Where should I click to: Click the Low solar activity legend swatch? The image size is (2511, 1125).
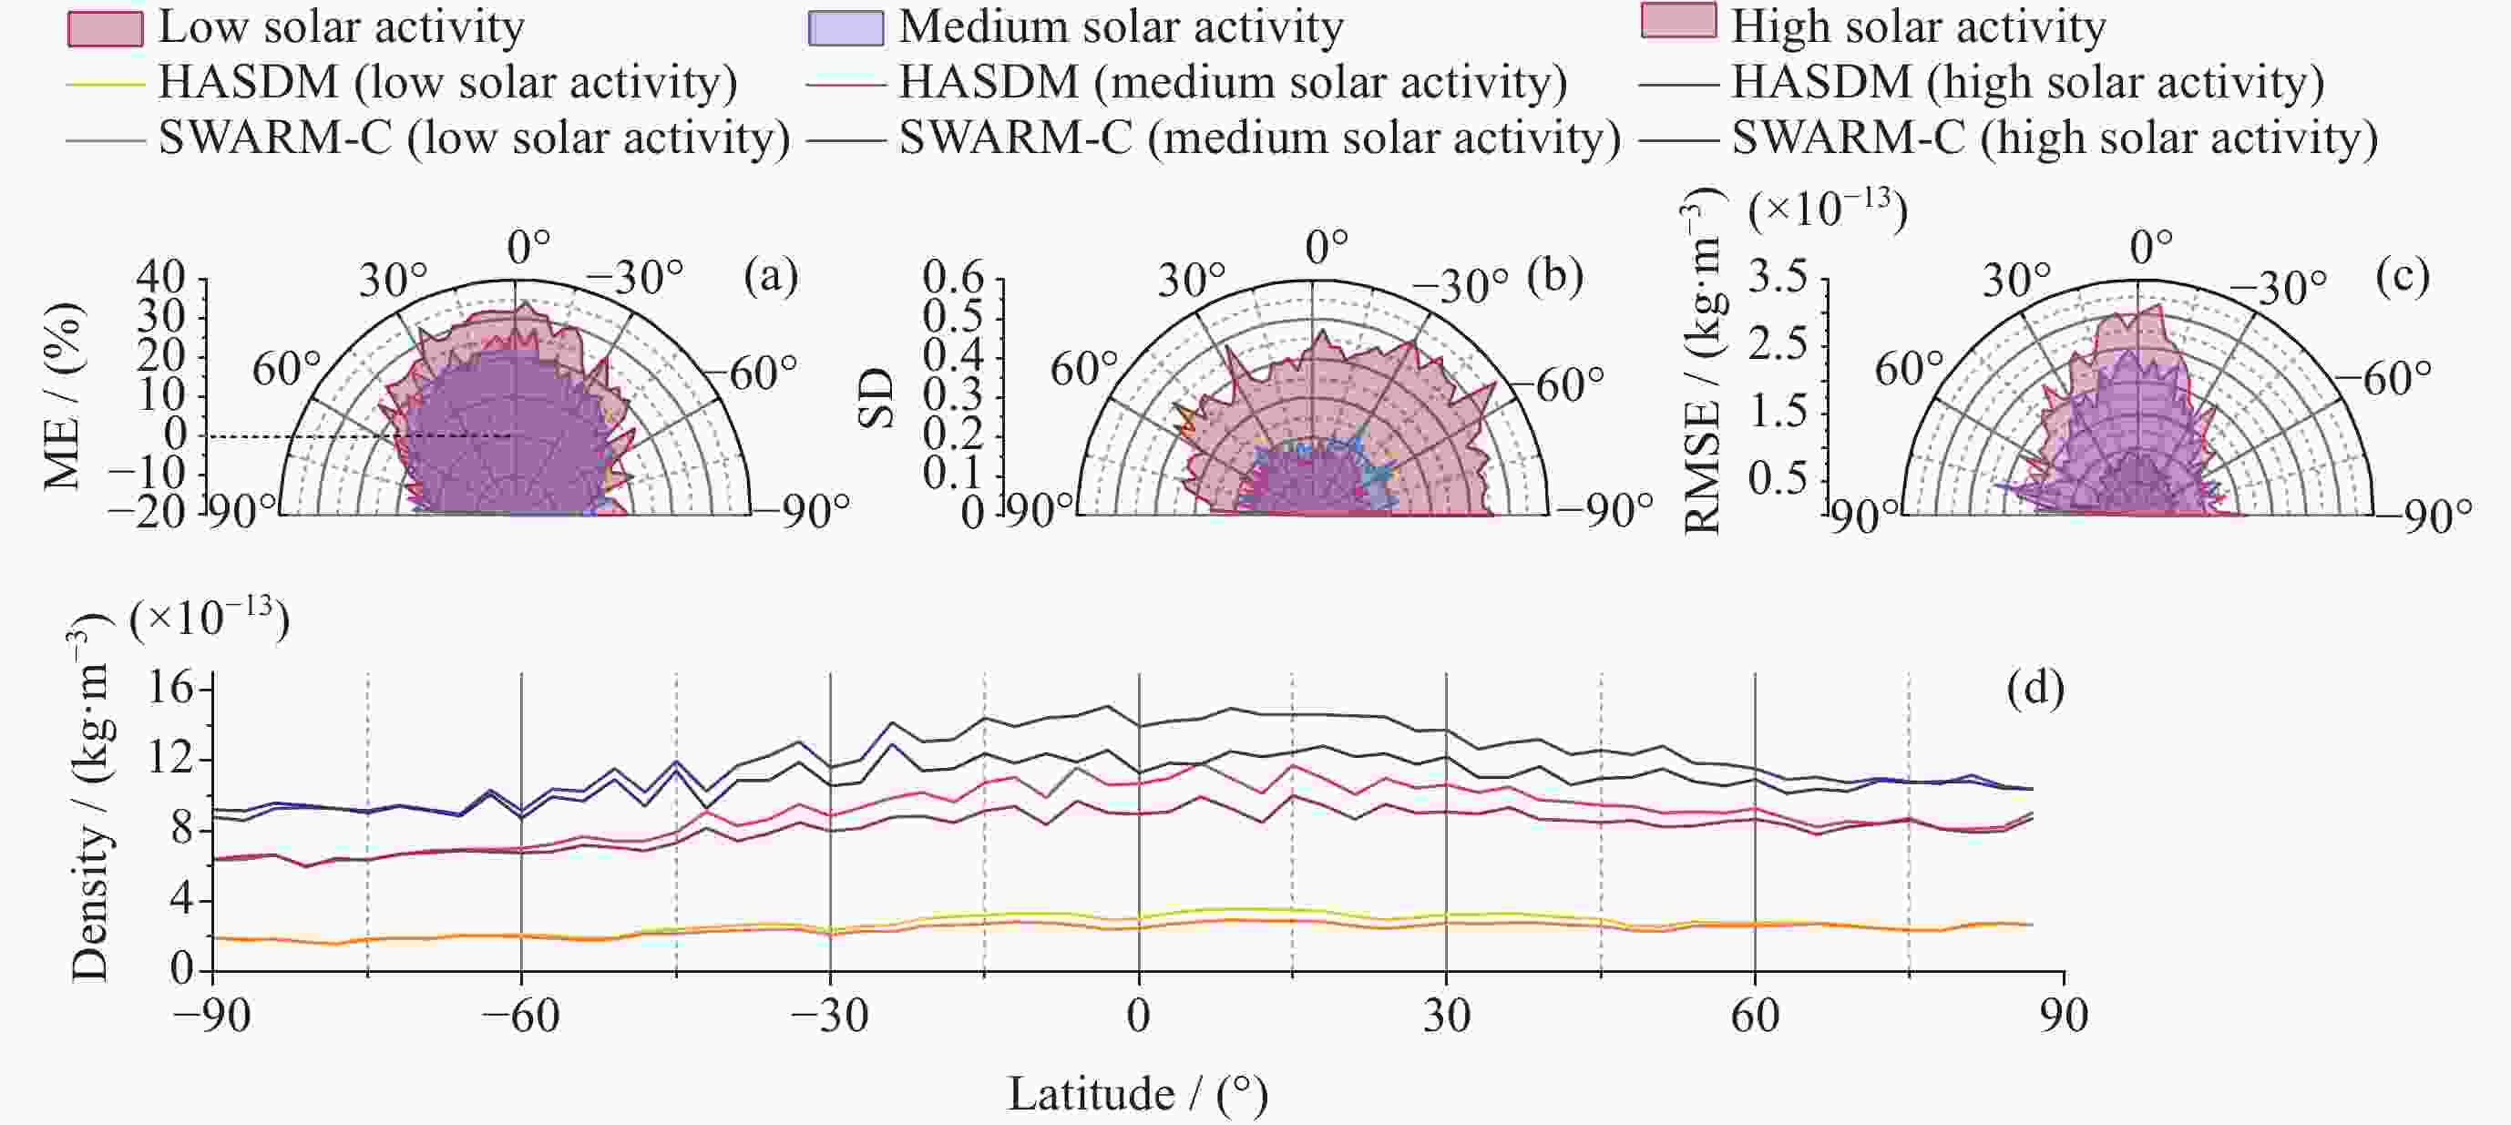click(106, 28)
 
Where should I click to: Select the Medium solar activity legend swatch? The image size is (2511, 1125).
click(846, 28)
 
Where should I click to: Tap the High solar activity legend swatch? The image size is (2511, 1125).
click(1677, 22)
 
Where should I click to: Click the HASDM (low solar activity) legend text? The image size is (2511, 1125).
click(447, 83)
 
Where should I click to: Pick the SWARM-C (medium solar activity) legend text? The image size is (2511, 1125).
click(1259, 138)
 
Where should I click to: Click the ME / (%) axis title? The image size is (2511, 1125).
click(62, 394)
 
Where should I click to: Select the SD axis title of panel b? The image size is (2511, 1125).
click(876, 398)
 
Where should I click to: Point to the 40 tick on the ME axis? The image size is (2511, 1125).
click(161, 277)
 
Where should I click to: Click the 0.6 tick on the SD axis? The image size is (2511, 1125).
click(953, 278)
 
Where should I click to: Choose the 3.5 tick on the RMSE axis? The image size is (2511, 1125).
click(1777, 278)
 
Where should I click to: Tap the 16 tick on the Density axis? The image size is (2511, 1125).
click(171, 690)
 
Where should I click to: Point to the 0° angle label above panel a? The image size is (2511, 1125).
click(528, 247)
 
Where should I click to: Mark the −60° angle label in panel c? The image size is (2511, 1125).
click(2396, 378)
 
